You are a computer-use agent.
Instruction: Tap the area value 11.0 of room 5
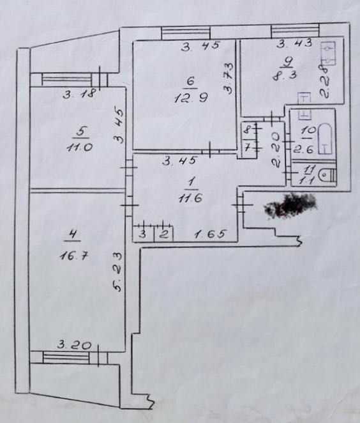coord(80,148)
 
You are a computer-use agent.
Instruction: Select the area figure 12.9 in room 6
coord(191,98)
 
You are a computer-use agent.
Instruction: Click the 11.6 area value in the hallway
coord(190,198)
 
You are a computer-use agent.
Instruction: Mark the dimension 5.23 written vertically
coord(118,272)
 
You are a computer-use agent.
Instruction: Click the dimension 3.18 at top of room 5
coord(80,94)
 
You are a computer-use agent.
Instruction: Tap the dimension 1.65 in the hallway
coord(209,234)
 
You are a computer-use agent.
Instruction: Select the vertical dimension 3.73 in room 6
coord(229,78)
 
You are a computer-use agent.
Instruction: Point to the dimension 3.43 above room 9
coord(295,43)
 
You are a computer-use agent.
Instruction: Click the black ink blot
coord(290,205)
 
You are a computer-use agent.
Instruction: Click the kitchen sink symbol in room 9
coord(327,53)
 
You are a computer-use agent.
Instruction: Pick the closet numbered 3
coord(143,234)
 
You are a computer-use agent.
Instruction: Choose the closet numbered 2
coord(163,234)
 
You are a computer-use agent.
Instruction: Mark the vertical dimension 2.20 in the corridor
coord(276,150)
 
